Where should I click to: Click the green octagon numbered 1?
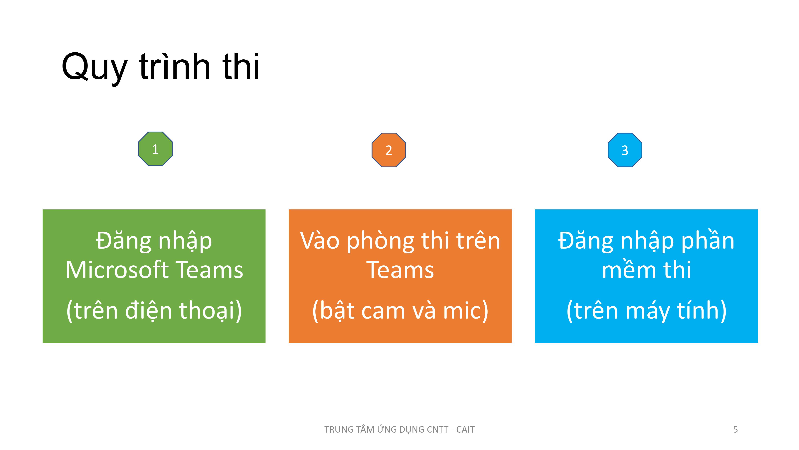[155, 149]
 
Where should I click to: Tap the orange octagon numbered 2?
[389, 150]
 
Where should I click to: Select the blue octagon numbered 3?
[625, 150]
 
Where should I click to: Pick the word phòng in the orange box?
[381, 242]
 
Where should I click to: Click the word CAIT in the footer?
[465, 430]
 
